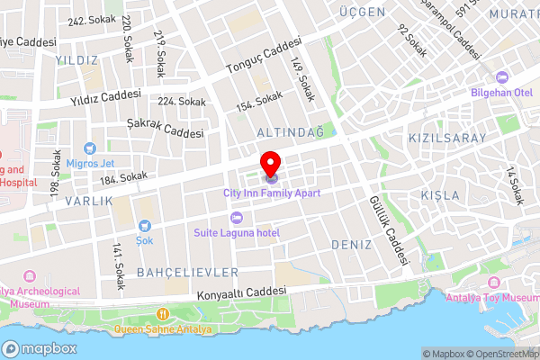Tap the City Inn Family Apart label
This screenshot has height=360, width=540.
point(272,193)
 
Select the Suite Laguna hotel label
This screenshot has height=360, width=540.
point(237,233)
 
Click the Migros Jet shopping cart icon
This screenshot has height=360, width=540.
point(89,148)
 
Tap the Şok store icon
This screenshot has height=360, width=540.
point(144,226)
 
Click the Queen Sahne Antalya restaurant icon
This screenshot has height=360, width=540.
point(163,314)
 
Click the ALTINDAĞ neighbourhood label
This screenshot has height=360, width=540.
point(290,132)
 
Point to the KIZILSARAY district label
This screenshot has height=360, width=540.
point(446,138)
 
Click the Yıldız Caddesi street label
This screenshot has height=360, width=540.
point(106,97)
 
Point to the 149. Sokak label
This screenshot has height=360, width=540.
point(302,79)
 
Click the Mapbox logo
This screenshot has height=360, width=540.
point(39,348)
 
